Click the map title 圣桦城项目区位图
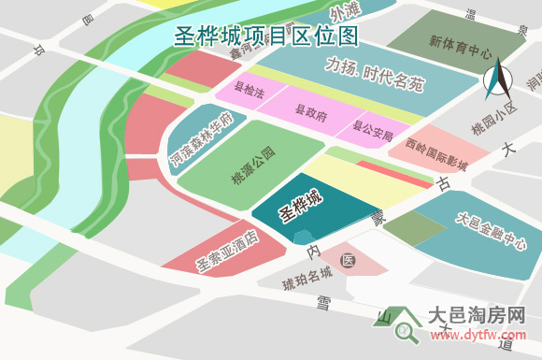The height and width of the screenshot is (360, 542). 266,37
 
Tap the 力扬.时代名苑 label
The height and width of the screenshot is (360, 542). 375,74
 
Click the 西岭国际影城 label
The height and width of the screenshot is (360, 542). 437,154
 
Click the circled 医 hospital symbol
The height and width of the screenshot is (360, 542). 348,259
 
